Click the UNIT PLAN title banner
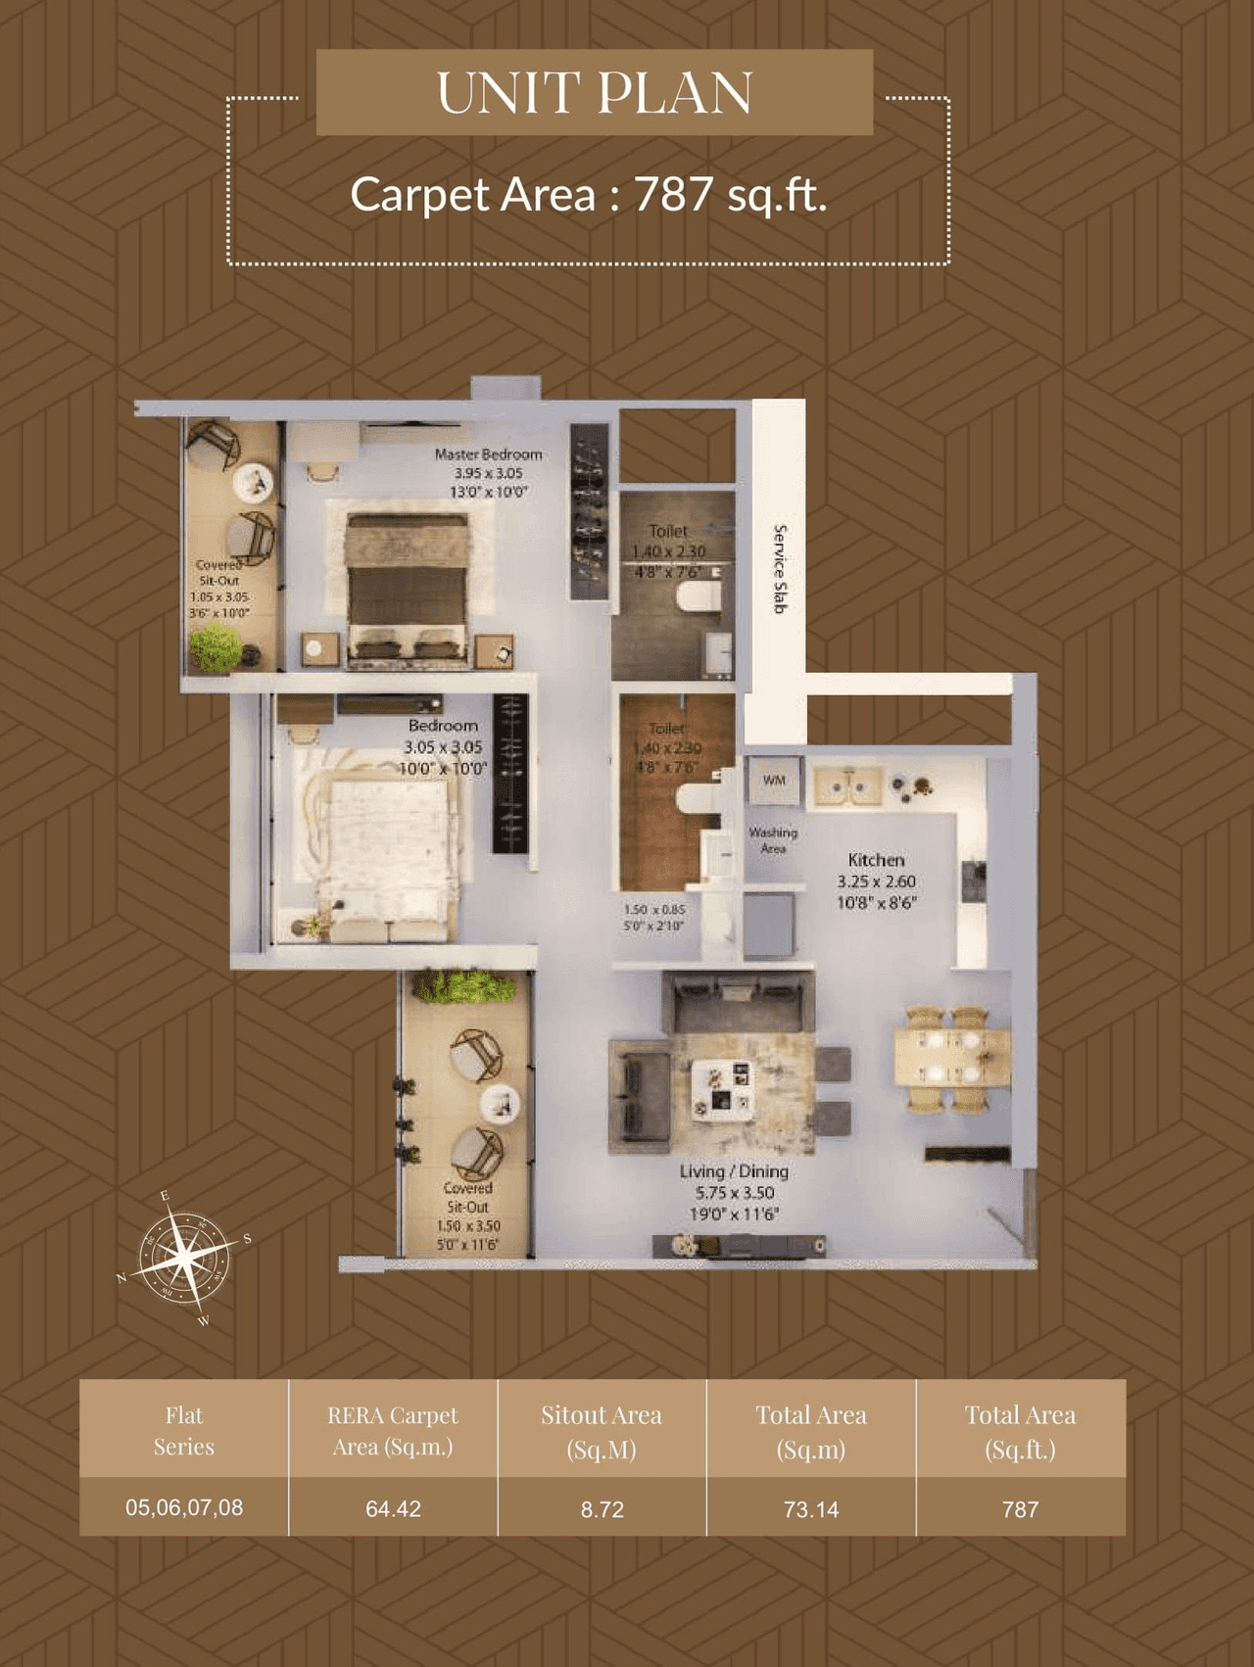click(x=594, y=92)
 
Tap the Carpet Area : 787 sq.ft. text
click(x=589, y=194)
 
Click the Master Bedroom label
click(x=488, y=454)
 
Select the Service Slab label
click(x=780, y=569)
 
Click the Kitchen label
click(x=876, y=860)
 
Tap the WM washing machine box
click(x=774, y=781)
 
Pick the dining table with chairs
click(x=950, y=1059)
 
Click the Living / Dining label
click(x=734, y=1171)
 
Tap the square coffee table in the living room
click(x=723, y=1090)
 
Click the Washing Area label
click(x=773, y=840)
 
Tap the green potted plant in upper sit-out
click(x=216, y=647)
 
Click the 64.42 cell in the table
click(x=393, y=1509)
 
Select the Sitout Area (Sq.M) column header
click(x=602, y=1431)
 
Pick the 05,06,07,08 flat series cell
click(x=184, y=1507)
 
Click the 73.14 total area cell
click(x=811, y=1509)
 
